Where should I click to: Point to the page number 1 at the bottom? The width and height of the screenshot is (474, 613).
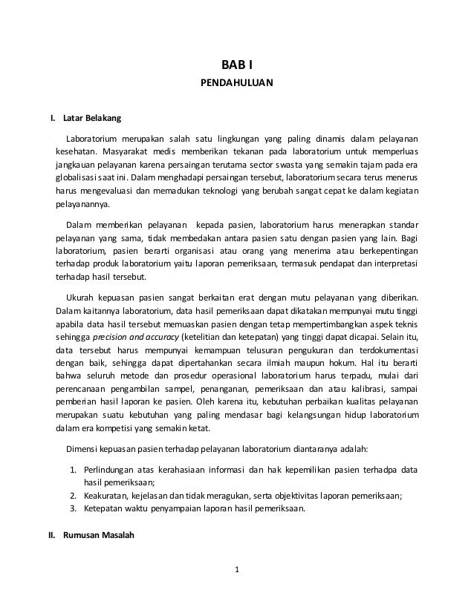point(237,570)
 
